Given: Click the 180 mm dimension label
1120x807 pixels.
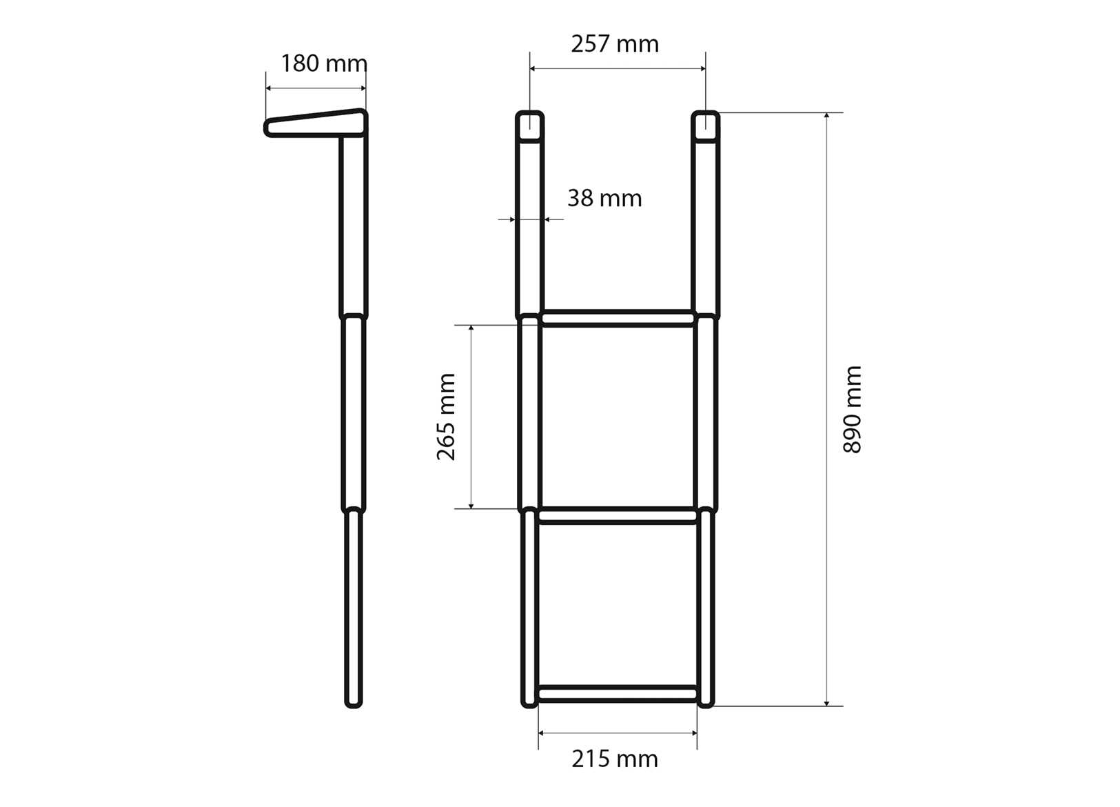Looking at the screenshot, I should (323, 63).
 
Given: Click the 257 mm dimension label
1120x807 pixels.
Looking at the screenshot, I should (614, 44).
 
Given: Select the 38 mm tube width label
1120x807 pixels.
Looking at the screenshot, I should (604, 199).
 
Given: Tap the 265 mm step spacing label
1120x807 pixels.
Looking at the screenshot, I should (447, 417).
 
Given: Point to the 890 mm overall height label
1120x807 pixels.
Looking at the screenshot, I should (853, 410).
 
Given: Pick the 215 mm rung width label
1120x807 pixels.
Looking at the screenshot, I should (614, 759).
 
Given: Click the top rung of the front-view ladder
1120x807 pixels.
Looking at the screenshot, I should (618, 318).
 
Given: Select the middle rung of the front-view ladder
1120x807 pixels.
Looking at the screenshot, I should (618, 515).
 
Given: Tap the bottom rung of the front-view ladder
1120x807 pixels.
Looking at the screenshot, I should (618, 693).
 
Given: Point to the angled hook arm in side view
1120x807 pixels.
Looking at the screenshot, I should (316, 123).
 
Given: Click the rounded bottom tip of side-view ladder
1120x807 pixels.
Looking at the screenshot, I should (353, 701).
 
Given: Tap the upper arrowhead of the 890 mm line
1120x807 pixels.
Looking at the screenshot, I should (826, 117).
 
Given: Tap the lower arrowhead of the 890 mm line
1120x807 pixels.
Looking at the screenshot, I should (826, 702).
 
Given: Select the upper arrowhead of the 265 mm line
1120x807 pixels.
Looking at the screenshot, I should (471, 329).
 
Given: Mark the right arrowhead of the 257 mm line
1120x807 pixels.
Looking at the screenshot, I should (702, 68).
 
